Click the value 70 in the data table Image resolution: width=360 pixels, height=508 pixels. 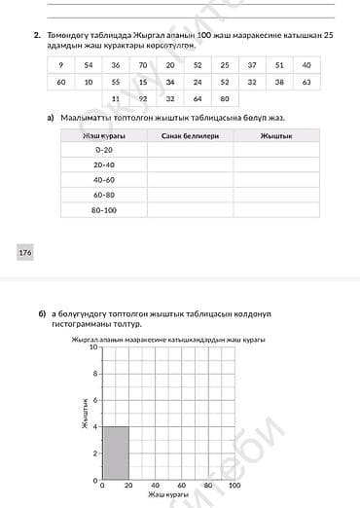(x=143, y=64)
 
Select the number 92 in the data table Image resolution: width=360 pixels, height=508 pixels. (x=143, y=98)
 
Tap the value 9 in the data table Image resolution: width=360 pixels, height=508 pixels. (x=61, y=64)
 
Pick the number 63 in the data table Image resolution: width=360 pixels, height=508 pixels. (x=306, y=82)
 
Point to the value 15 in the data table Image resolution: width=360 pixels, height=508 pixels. (x=143, y=82)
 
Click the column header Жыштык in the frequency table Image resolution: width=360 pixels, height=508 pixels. (x=276, y=136)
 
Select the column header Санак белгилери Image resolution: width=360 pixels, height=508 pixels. (x=190, y=136)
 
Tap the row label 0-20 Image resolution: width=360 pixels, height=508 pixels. (x=103, y=151)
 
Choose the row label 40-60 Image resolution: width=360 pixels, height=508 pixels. (x=103, y=180)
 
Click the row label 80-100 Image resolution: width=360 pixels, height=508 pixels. (x=103, y=209)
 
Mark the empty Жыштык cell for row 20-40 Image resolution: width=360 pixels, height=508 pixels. (x=276, y=165)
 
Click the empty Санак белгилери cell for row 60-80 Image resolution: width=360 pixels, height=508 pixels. (x=190, y=195)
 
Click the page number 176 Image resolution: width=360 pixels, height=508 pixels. (x=24, y=253)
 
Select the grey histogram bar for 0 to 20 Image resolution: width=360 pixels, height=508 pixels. (x=115, y=453)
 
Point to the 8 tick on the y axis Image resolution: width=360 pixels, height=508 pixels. (x=95, y=373)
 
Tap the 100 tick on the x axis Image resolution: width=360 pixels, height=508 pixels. (x=234, y=485)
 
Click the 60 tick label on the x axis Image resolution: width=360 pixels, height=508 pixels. (x=181, y=485)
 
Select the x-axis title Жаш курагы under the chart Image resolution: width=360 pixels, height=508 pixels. (x=167, y=494)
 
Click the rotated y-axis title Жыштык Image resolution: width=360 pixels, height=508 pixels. (x=85, y=413)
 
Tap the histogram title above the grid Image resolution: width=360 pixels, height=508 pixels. (x=167, y=340)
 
